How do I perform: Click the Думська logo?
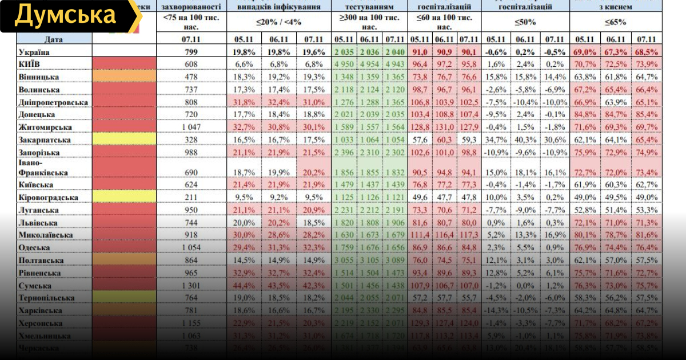(67, 16)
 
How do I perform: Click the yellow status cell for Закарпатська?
(124, 140)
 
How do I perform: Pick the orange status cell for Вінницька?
(124, 77)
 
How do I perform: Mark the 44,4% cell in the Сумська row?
(244, 286)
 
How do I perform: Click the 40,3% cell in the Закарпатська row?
(525, 140)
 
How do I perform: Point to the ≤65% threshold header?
(615, 23)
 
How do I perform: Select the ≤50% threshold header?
(525, 23)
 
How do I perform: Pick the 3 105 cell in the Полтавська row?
(370, 261)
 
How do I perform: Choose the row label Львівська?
(38, 223)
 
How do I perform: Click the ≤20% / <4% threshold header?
(278, 23)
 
